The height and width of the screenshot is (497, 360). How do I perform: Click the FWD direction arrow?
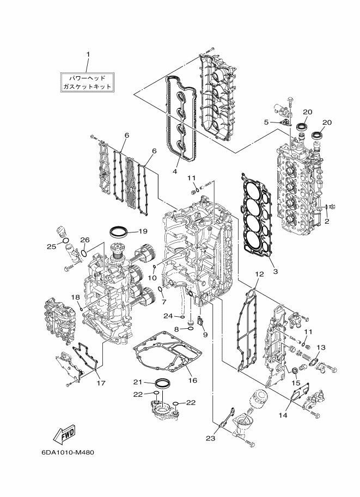[64, 434]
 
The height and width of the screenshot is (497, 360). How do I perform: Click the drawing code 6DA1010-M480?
[68, 452]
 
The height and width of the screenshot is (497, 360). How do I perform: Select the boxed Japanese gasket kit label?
[87, 82]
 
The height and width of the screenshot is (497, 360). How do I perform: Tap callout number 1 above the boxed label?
[88, 55]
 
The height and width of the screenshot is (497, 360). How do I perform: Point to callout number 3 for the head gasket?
[276, 271]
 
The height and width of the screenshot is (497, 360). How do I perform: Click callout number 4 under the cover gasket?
[175, 171]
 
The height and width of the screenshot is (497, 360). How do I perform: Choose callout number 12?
[259, 274]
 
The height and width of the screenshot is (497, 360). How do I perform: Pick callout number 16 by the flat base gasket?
[193, 380]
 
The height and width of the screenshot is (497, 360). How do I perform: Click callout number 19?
[143, 231]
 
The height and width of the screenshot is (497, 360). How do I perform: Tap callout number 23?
[211, 438]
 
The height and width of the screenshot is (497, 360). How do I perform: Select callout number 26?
[85, 240]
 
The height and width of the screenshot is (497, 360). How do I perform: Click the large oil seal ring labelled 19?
[119, 231]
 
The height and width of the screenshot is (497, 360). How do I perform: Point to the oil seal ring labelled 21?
[162, 383]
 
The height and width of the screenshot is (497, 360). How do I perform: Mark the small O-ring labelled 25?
[66, 241]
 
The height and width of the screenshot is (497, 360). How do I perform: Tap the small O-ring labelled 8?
[191, 329]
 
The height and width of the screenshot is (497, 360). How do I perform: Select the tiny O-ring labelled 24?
[182, 316]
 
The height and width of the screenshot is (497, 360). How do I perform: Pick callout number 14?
[283, 415]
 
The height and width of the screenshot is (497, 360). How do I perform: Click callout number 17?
[101, 383]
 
